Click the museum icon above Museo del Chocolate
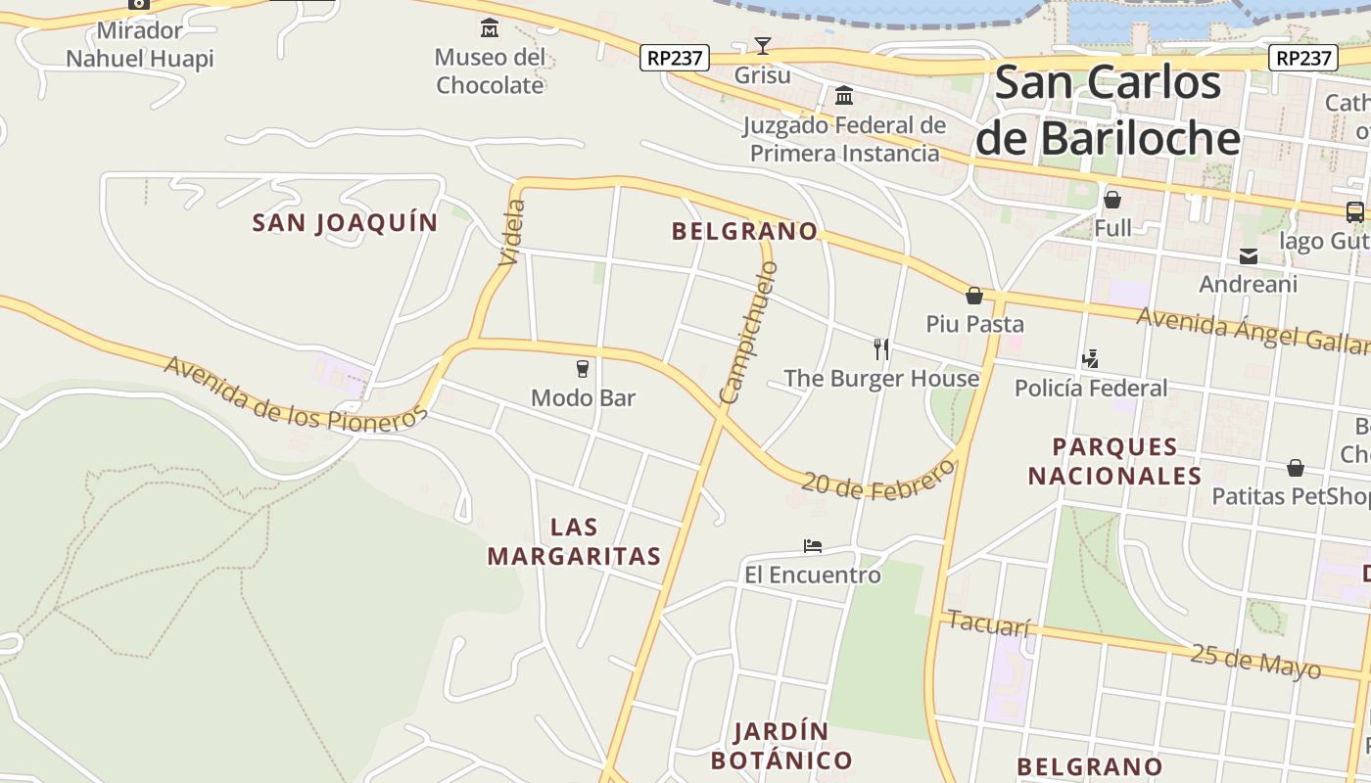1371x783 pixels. point(490,27)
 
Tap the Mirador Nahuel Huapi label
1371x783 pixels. point(139,45)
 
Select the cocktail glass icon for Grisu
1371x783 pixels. point(763,45)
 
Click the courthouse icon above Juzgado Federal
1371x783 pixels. point(844,95)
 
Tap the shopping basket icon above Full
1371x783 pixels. point(1112,201)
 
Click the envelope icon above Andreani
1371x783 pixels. point(1249,256)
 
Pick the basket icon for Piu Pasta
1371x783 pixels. point(974,296)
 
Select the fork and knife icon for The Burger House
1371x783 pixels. point(881,348)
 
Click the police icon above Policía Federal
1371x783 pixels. point(1091,359)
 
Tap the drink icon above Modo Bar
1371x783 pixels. point(583,369)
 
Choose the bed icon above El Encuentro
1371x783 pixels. point(812,546)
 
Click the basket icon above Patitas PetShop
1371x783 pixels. point(1296,468)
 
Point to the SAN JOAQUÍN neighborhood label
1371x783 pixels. point(345,223)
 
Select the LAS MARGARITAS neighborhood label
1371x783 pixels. point(575,542)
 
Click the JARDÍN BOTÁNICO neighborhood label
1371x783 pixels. point(781,746)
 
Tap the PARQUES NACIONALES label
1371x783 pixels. point(1114,462)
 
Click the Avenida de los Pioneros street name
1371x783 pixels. point(295,393)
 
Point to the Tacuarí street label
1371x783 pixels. point(989,623)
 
